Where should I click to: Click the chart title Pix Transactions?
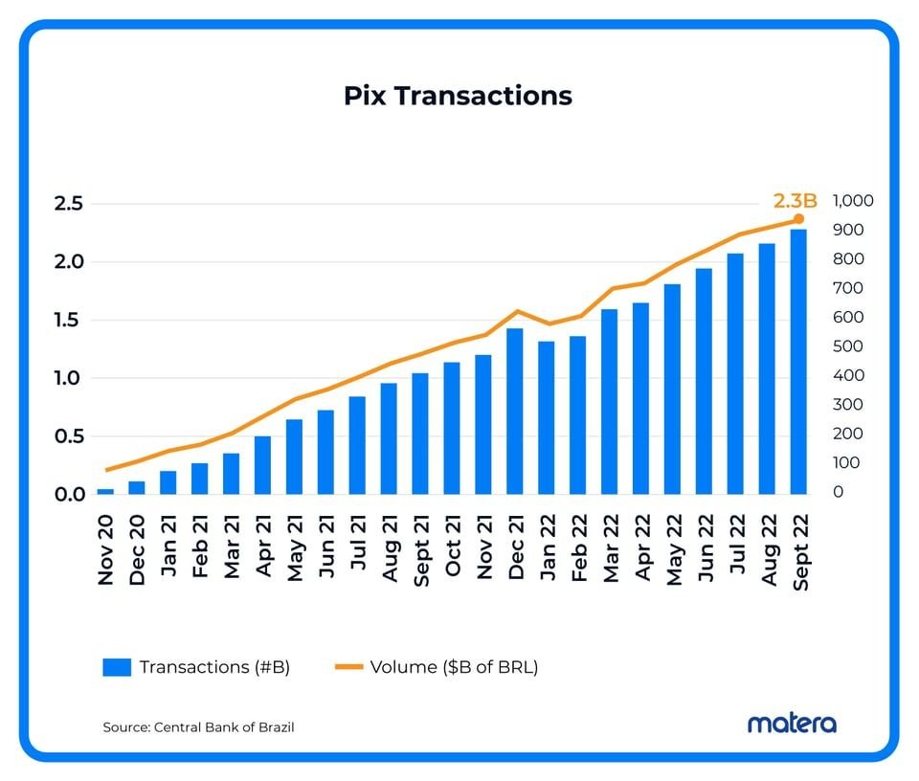[x=458, y=97]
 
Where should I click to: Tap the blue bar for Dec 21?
[x=515, y=412]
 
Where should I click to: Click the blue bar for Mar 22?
[x=609, y=402]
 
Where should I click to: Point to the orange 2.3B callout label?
[x=795, y=201]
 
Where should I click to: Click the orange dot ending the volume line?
[x=798, y=219]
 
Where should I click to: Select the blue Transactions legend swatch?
[x=116, y=668]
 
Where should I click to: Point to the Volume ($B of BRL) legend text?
[x=454, y=667]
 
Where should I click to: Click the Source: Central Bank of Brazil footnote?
[x=198, y=727]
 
